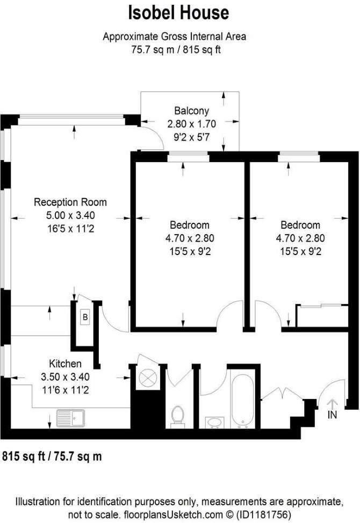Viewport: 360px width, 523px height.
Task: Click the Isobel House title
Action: pos(179,13)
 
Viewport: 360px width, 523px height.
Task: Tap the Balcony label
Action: pos(191,111)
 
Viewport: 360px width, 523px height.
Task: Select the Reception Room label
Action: pos(70,202)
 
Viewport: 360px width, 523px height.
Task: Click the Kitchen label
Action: pos(65,363)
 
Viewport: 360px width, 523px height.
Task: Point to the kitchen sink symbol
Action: pos(70,418)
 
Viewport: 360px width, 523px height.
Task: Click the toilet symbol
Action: pos(177,417)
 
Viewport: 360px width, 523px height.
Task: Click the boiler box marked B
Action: pos(85,317)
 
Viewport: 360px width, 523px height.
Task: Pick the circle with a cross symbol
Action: pos(148,378)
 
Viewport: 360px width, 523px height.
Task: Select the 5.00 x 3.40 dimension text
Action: pos(70,215)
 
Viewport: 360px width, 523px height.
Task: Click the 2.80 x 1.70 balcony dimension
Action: pos(191,124)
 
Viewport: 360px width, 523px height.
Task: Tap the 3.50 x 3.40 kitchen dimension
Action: pos(65,376)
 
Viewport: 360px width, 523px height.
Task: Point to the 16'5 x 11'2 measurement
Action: pos(70,229)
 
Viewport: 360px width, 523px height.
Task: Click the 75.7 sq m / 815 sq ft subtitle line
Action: pos(176,50)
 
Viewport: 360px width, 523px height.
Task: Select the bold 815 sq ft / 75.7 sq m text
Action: pos(52,456)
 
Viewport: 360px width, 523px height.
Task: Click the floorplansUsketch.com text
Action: pos(173,514)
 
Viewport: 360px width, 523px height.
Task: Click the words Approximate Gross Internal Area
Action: pos(175,37)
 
